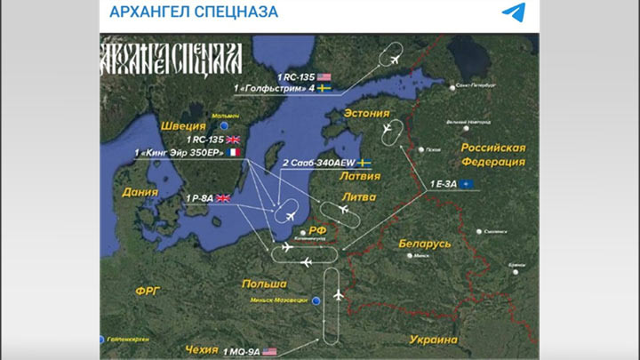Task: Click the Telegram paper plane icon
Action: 513,12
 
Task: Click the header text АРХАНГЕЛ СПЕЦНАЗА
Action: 194,12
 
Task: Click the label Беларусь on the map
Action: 425,243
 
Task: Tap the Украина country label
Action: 433,340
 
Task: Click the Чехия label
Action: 201,349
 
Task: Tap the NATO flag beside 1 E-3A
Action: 468,184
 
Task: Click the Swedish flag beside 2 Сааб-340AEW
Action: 364,164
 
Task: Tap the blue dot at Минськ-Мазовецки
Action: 316,300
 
